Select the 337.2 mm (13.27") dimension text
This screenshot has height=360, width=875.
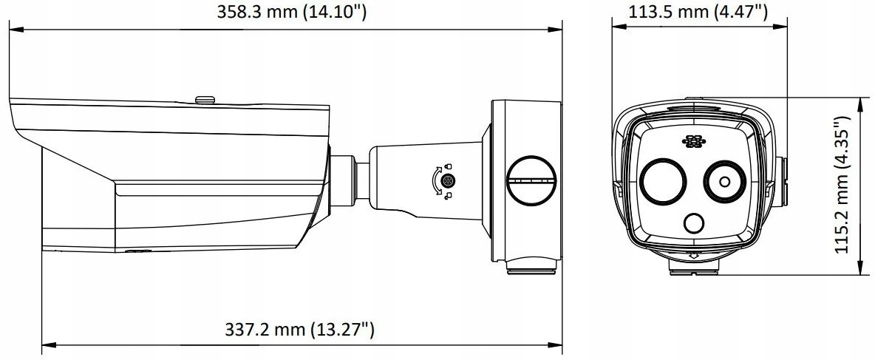[x=299, y=329]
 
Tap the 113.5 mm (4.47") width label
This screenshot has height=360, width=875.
[x=698, y=11]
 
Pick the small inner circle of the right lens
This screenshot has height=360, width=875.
[x=725, y=182]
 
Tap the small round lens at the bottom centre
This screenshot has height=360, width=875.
[x=694, y=223]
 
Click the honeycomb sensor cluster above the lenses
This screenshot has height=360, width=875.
[x=693, y=142]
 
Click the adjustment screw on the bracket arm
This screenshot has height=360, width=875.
[x=446, y=181]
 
